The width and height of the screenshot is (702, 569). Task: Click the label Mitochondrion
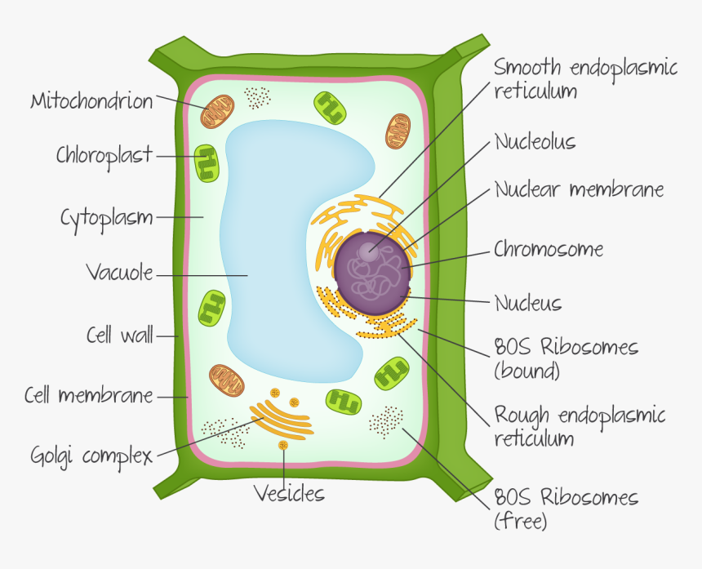[91, 101]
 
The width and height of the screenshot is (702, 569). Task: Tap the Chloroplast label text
[104, 157]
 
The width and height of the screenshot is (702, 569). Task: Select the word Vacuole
[119, 272]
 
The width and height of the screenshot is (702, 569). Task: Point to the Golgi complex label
[91, 457]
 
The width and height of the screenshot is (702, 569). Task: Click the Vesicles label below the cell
[289, 493]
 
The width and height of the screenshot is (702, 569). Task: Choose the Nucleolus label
[535, 142]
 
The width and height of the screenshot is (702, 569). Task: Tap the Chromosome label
[549, 249]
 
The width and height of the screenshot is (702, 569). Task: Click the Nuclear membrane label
[580, 189]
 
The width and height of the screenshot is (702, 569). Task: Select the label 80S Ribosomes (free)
[566, 509]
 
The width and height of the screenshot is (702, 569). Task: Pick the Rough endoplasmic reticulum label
[580, 426]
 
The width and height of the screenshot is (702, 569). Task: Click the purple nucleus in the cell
[372, 273]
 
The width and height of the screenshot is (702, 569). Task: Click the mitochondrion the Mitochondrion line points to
[217, 112]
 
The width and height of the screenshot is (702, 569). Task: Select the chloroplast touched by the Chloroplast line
[207, 163]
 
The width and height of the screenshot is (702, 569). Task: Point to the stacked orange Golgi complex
[282, 419]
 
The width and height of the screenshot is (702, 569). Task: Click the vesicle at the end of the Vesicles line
[283, 445]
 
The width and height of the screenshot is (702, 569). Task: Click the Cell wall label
[119, 336]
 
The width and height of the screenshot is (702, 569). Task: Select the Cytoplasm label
[107, 219]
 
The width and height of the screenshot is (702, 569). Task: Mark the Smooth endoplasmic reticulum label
[585, 79]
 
